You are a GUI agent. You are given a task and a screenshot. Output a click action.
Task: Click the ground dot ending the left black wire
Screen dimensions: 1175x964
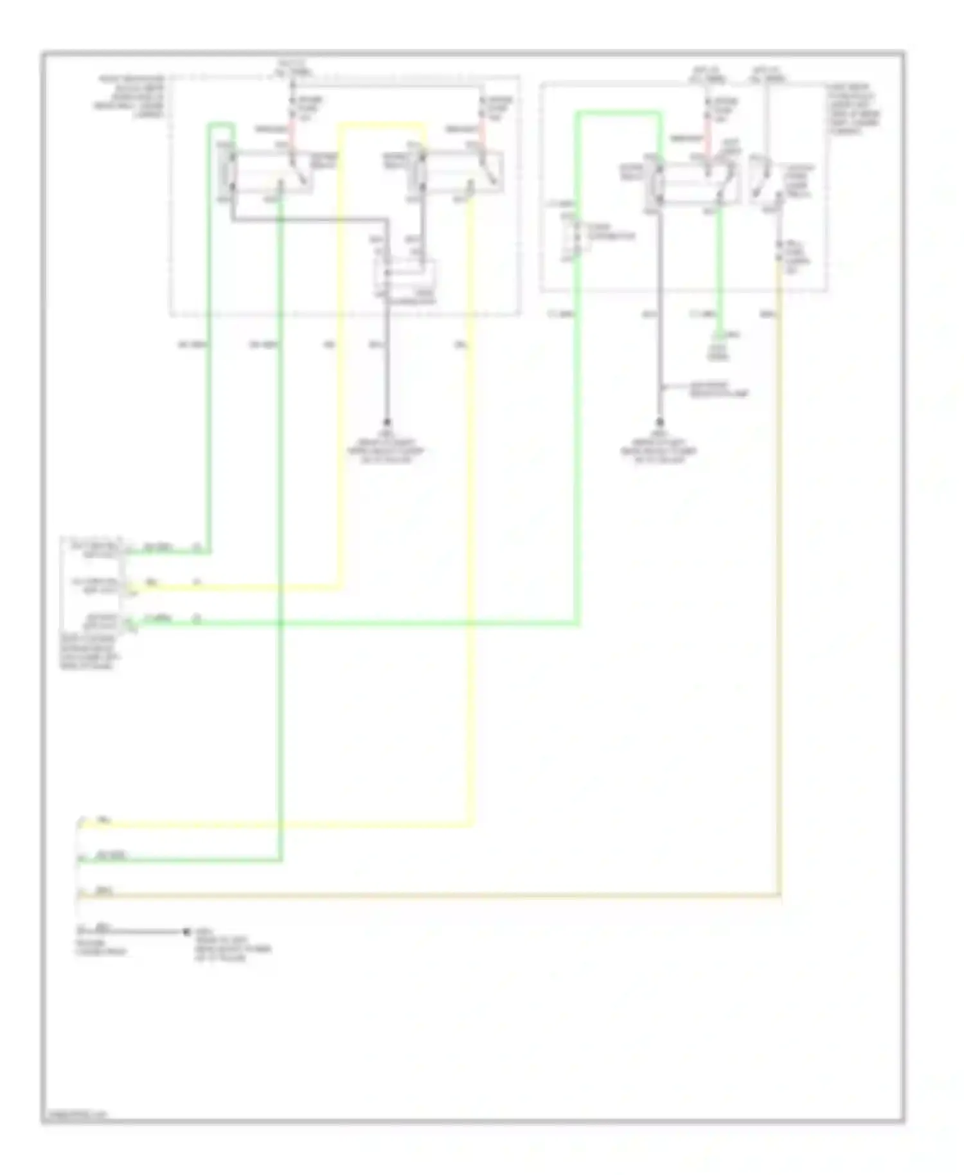pyautogui.click(x=387, y=422)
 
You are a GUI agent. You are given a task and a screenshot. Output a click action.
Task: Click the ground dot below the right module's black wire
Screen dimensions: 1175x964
pyautogui.click(x=659, y=422)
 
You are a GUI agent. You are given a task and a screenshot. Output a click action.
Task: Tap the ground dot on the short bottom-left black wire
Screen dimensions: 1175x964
pyautogui.click(x=186, y=931)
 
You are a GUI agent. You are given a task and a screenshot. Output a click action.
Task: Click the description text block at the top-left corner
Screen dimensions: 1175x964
pyautogui.click(x=132, y=96)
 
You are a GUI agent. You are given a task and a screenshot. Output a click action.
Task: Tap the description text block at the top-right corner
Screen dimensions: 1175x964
pyautogui.click(x=855, y=109)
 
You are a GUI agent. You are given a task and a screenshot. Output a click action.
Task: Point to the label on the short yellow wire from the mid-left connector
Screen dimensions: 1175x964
pyautogui.click(x=152, y=582)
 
